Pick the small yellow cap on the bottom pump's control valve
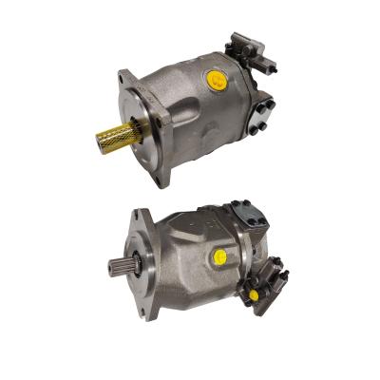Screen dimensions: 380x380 (x=254, y=295)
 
